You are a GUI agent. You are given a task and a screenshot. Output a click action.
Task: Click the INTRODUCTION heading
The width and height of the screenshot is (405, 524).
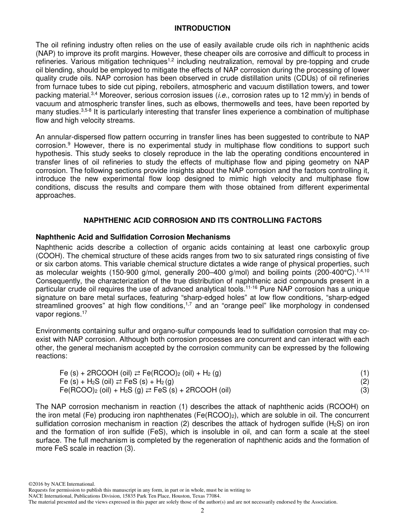202,29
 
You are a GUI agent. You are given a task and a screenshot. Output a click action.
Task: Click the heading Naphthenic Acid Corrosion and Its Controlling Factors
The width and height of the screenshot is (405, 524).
202,220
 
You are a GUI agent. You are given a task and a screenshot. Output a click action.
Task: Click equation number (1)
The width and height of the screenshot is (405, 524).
364,373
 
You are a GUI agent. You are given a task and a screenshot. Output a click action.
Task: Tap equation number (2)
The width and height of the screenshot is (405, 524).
364,382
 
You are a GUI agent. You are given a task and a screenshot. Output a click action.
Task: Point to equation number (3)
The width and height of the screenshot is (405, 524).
364,390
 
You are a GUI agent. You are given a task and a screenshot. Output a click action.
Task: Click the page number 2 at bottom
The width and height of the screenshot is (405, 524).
202,511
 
